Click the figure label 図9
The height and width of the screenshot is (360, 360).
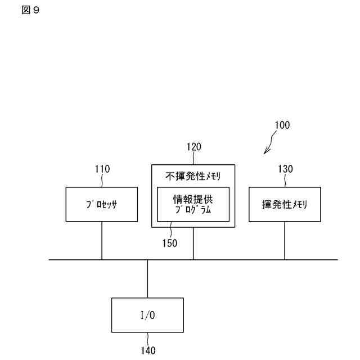click(x=31, y=10)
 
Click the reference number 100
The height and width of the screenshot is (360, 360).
click(x=282, y=125)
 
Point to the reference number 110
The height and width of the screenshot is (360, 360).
click(x=102, y=169)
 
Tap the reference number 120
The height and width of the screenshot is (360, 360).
click(x=193, y=147)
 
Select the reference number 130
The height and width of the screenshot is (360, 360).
click(x=285, y=169)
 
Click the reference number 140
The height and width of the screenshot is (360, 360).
click(x=148, y=351)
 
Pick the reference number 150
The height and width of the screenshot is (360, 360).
click(x=169, y=244)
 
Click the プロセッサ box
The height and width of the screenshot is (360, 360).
click(x=102, y=204)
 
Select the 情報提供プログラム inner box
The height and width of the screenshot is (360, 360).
click(x=193, y=204)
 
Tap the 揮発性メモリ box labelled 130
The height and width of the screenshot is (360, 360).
click(x=285, y=204)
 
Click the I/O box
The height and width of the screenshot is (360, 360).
click(x=147, y=315)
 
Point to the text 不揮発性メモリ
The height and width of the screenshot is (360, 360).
click(x=193, y=176)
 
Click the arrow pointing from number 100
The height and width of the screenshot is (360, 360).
click(x=268, y=147)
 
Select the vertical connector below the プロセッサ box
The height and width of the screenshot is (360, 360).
click(x=102, y=240)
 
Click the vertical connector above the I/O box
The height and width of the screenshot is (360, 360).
click(x=147, y=278)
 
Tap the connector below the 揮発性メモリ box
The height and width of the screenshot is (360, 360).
click(x=285, y=240)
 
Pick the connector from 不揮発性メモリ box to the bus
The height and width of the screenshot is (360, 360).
click(x=193, y=244)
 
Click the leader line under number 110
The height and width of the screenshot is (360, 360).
click(x=102, y=180)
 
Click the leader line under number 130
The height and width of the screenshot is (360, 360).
click(x=285, y=180)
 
